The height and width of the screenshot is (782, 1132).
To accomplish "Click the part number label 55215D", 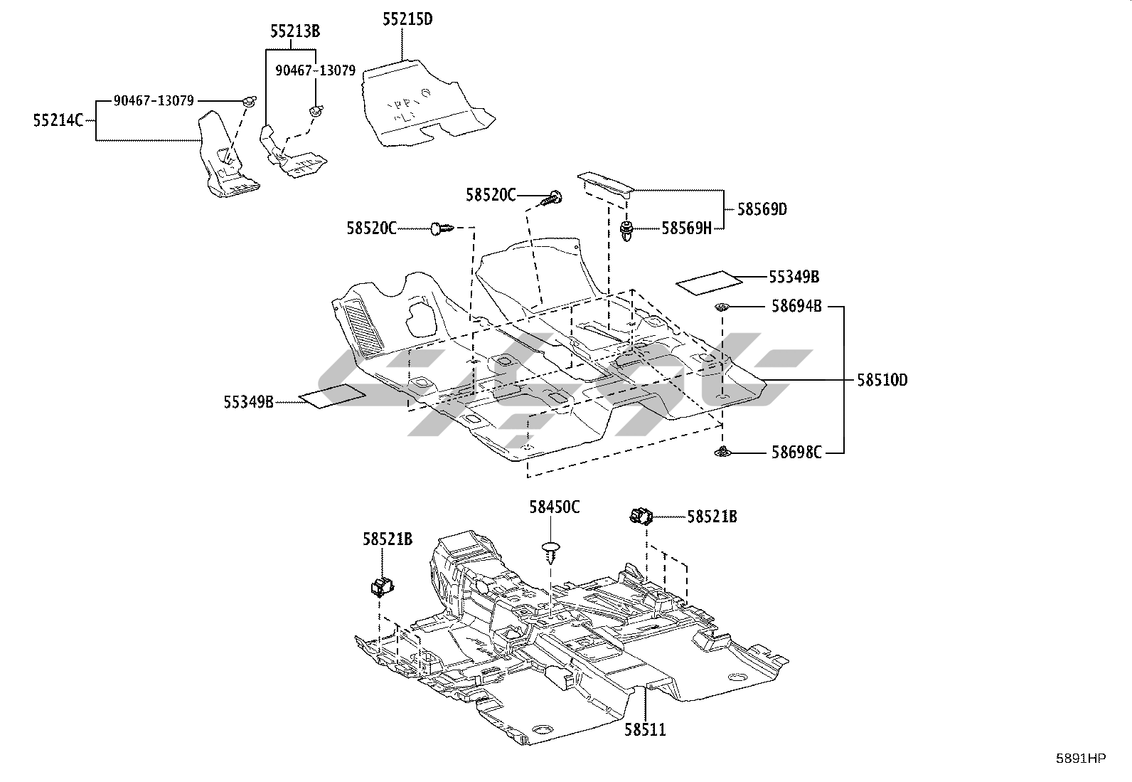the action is [407, 19].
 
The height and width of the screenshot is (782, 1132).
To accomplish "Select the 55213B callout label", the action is [295, 31].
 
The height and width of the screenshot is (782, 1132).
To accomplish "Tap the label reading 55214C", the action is [58, 120].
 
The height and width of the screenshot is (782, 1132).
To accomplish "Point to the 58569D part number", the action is [762, 209].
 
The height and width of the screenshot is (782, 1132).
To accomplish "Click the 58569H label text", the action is [687, 228].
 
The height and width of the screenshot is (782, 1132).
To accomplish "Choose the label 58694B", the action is [796, 307].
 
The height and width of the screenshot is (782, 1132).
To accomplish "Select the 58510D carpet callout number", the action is [882, 381].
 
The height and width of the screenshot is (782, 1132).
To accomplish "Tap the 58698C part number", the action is [796, 453].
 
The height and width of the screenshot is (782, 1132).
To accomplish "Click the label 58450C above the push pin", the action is [555, 507].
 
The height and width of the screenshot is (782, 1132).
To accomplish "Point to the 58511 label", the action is [646, 730].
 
